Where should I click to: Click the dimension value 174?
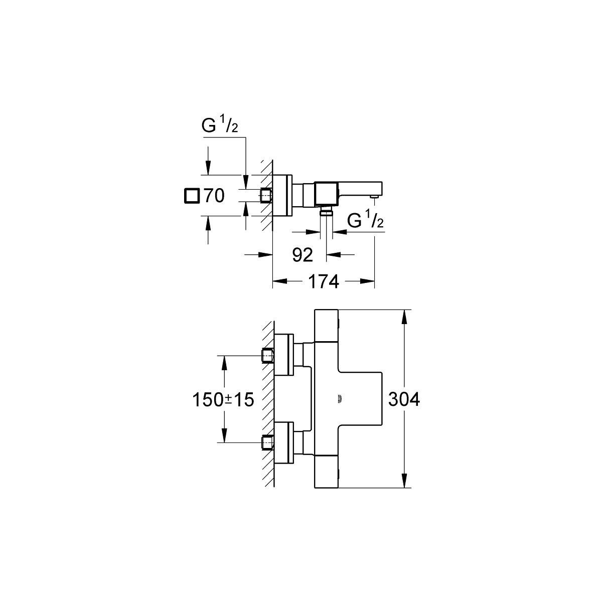tap(323, 282)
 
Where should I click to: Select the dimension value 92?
tap(303, 255)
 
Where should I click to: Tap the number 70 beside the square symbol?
tap(213, 196)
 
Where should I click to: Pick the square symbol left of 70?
tap(191, 196)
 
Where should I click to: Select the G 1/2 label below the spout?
tap(365, 221)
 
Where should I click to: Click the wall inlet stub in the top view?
tap(266, 195)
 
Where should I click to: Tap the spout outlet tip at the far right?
tap(374, 198)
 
